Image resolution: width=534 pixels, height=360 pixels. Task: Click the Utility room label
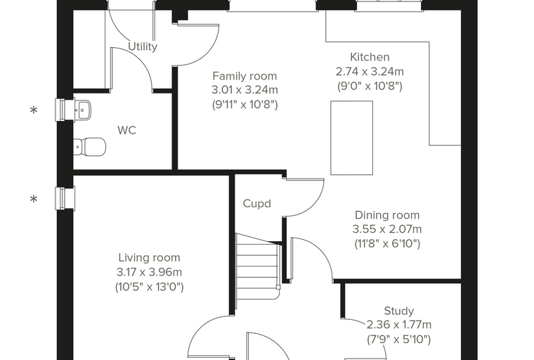(x=143, y=46)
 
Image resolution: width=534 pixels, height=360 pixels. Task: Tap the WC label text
(x=126, y=130)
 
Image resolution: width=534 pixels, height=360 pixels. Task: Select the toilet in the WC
(x=89, y=147)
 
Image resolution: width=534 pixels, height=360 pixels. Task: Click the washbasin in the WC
(x=82, y=110)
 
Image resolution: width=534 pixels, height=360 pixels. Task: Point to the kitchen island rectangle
(x=352, y=138)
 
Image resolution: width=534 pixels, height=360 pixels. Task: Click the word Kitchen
(x=370, y=57)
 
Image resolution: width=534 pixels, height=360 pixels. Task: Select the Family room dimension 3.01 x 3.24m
(x=245, y=90)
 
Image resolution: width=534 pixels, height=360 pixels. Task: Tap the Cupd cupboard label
(x=256, y=203)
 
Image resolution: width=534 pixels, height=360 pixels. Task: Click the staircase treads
(x=258, y=266)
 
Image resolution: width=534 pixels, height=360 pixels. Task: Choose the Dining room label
(x=387, y=215)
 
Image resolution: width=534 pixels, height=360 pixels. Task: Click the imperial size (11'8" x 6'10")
(x=387, y=244)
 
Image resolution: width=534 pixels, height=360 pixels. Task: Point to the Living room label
(x=149, y=258)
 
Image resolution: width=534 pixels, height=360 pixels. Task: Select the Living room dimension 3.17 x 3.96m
(x=149, y=272)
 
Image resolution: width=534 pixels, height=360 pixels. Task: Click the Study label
(x=399, y=311)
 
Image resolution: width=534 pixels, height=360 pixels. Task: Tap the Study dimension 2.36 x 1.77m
(x=399, y=325)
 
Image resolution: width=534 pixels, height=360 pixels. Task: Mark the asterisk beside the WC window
(x=34, y=110)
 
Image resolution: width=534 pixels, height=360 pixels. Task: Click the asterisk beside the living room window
(x=34, y=199)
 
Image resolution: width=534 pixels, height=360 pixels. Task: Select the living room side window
(x=65, y=198)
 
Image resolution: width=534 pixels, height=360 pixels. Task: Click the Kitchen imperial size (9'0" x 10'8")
(x=370, y=86)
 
